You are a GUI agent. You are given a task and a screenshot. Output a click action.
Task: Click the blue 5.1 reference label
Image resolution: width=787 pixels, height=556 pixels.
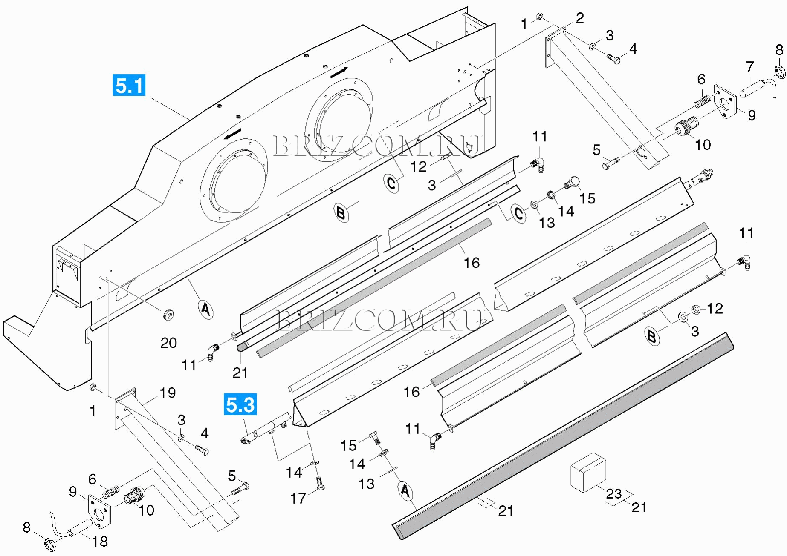tap(129, 85)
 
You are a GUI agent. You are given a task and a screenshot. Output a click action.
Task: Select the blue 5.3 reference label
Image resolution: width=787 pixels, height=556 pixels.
tap(240, 404)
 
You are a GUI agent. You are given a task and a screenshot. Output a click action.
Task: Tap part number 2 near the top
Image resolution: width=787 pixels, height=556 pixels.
tap(579, 18)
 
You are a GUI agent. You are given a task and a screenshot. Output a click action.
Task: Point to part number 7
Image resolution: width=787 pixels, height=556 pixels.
tap(750, 67)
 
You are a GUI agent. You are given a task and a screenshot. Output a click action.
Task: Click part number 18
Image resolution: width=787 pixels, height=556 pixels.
tap(100, 541)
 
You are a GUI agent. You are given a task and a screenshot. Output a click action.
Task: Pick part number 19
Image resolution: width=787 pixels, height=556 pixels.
tap(168, 393)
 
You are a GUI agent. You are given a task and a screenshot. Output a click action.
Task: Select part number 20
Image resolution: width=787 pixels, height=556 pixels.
tap(168, 343)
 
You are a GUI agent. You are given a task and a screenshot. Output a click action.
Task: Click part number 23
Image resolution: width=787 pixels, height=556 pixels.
tap(613, 493)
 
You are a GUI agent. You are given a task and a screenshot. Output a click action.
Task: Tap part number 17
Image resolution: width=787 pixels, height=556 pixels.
tap(298, 498)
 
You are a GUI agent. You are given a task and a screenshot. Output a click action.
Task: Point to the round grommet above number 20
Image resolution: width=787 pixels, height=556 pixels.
tap(168, 315)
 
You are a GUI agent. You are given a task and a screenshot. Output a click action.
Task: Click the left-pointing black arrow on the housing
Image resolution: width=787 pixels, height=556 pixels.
tap(233, 134)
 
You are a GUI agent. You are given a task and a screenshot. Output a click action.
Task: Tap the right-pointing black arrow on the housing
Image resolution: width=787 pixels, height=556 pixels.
tap(339, 72)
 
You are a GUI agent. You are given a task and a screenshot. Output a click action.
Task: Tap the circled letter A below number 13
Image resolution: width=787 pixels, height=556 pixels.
tap(405, 491)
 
